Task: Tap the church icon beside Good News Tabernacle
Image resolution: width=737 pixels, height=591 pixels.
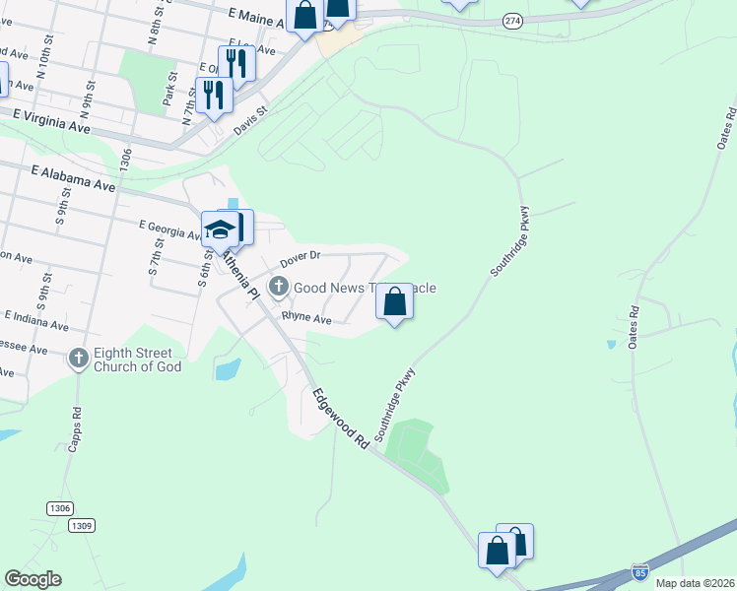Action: tap(279, 288)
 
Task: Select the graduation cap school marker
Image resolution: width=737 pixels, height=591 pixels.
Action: tap(219, 230)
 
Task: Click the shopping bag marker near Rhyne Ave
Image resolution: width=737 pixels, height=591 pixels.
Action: tap(394, 302)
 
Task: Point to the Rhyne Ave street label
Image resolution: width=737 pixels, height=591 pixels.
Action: tap(306, 318)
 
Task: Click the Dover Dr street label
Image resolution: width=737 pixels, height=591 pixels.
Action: tap(301, 259)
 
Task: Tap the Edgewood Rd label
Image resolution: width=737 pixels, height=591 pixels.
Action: tap(341, 419)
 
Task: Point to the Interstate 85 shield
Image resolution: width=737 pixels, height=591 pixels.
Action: tap(639, 571)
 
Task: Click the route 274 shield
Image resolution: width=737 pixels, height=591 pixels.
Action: tap(511, 20)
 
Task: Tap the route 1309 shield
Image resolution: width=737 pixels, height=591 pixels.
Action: tap(82, 526)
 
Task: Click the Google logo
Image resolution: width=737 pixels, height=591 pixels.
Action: tap(33, 579)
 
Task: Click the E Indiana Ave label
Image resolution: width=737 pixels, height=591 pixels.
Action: tap(36, 321)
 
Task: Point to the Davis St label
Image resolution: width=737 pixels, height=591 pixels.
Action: tap(251, 123)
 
